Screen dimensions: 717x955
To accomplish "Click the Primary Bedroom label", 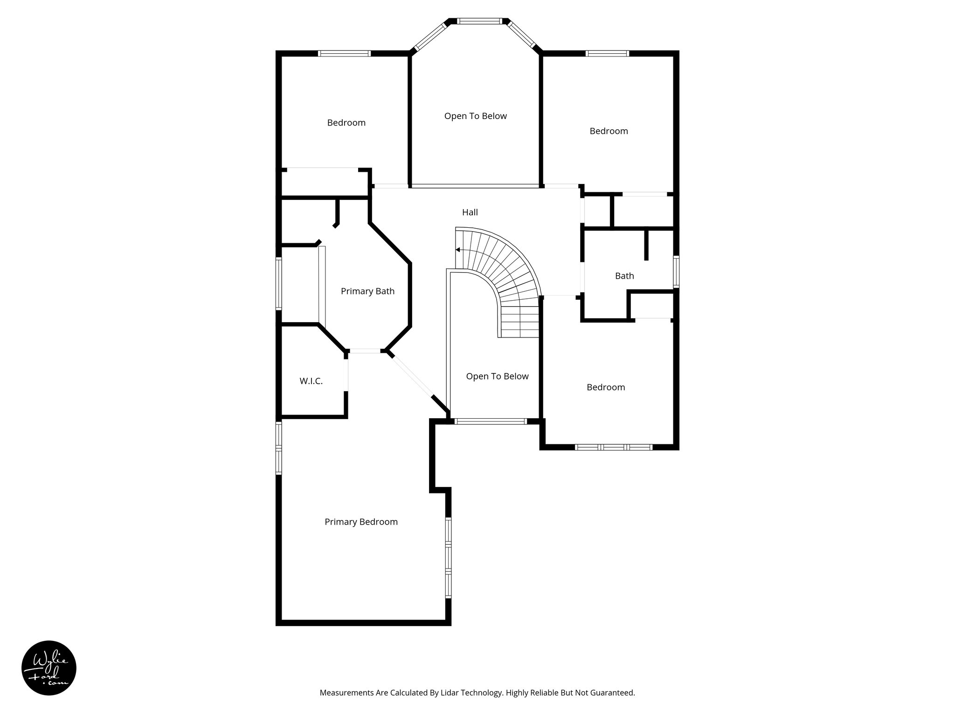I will [361, 522].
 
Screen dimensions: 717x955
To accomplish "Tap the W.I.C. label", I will [311, 381].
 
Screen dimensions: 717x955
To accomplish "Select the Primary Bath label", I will [367, 291].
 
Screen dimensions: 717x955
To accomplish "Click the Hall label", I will [470, 212].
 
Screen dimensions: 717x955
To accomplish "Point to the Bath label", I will [624, 276].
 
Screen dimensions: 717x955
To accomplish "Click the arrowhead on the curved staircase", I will [458, 250].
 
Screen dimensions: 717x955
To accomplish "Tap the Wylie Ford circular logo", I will [49, 668].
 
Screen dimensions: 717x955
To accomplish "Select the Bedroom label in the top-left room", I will [346, 123].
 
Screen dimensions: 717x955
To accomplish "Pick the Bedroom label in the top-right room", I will [609, 131].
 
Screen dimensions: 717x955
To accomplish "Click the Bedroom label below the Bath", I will [605, 387].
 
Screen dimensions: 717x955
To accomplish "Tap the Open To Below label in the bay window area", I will [475, 116].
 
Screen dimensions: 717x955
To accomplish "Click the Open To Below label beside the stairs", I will [497, 377].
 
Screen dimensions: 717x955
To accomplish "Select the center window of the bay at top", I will [479, 21].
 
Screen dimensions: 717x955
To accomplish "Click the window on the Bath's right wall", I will [676, 271].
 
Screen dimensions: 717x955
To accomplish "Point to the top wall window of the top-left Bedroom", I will [344, 54].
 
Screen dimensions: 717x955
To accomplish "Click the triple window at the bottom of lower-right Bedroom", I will [613, 447].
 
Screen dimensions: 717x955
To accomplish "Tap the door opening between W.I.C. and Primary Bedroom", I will [346, 375].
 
